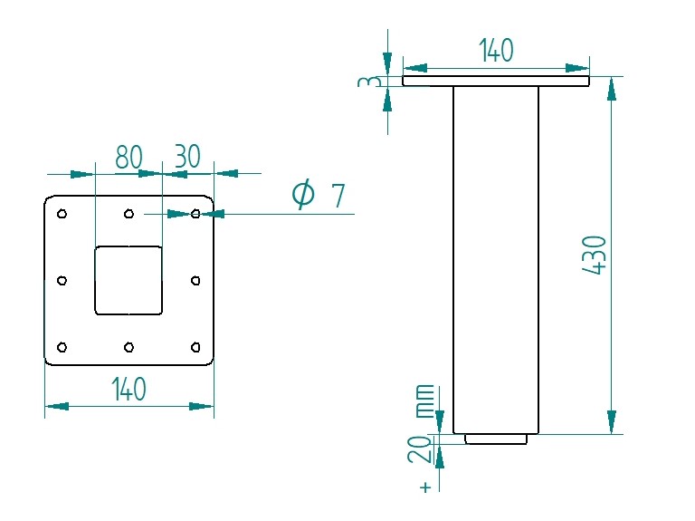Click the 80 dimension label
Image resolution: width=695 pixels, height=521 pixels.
point(129,157)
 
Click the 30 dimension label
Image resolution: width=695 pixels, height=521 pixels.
point(186,157)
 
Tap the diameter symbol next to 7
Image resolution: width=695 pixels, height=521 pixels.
point(303,195)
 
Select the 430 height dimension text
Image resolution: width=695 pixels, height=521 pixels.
point(595,256)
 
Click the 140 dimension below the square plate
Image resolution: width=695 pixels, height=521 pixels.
point(129,390)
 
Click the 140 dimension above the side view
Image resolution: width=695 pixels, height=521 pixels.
point(496,51)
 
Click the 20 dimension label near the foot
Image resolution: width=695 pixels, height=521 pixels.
point(420,449)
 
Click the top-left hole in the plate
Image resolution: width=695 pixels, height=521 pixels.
point(62,214)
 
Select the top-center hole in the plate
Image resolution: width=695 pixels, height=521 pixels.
point(129,214)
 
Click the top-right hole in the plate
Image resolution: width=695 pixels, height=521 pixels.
point(196,214)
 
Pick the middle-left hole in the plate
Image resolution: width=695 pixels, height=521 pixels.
point(62,281)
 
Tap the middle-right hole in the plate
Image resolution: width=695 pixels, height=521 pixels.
point(196,281)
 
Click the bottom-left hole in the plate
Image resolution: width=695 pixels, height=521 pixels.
point(62,347)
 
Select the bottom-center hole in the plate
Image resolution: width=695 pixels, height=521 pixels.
point(129,347)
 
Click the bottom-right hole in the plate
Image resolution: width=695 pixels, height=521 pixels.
point(196,347)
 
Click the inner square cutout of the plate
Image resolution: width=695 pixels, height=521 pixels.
point(129,281)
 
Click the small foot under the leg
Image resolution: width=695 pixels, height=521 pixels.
point(496,439)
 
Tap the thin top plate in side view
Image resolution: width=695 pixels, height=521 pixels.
point(496,81)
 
